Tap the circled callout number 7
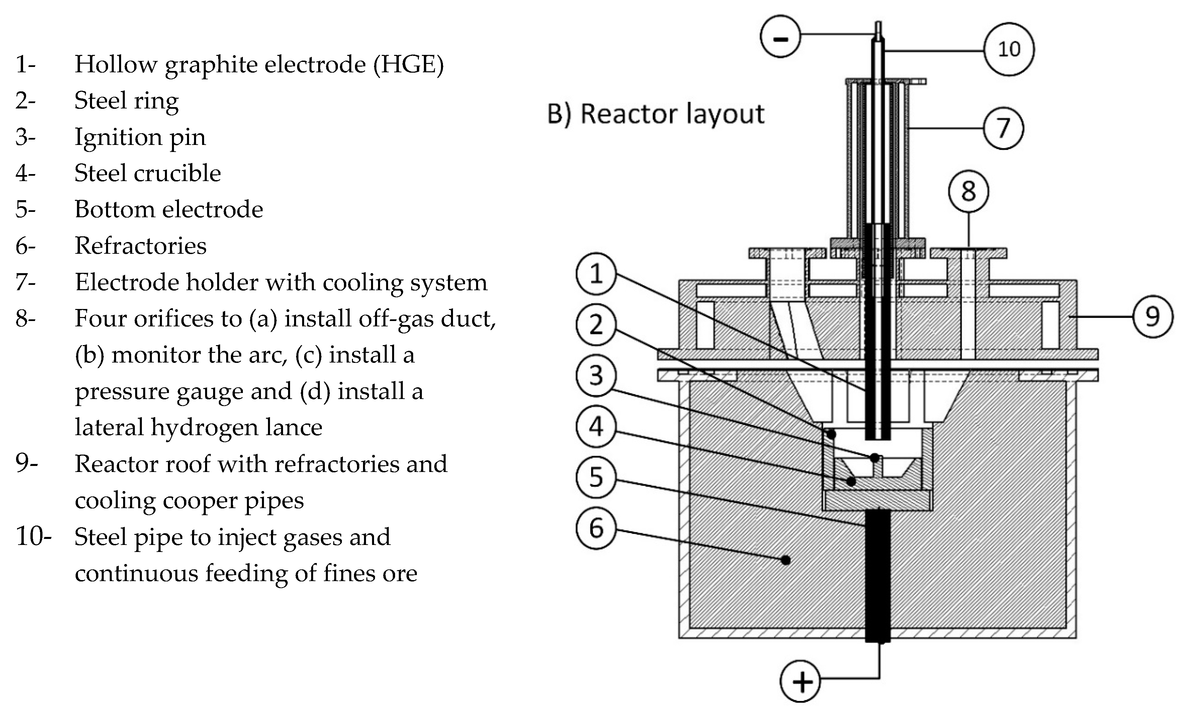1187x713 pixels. click(x=1003, y=128)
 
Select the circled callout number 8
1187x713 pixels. click(x=968, y=191)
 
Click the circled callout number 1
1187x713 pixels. click(x=596, y=274)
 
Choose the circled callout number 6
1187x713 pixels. click(x=596, y=528)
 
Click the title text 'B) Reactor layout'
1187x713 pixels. click(x=655, y=114)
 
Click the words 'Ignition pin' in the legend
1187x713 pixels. click(x=140, y=137)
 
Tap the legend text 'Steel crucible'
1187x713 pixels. click(x=148, y=173)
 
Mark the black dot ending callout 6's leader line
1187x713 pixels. click(x=786, y=560)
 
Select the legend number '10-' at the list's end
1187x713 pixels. click(x=33, y=537)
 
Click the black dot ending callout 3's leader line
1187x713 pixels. click(x=875, y=457)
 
